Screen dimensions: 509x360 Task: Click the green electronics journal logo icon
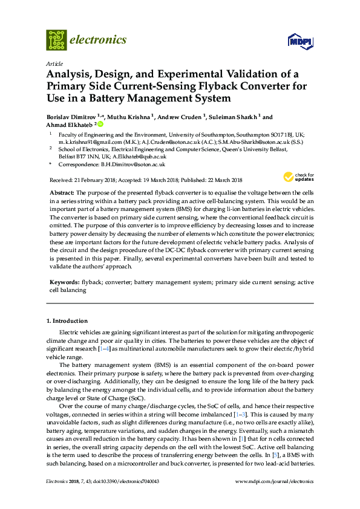[x=56, y=39]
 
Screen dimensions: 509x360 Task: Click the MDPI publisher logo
[x=301, y=41]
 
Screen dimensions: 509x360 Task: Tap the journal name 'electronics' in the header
[x=99, y=40]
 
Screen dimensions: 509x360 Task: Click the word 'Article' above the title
[x=54, y=63]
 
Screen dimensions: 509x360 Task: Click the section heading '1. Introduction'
[x=67, y=320]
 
